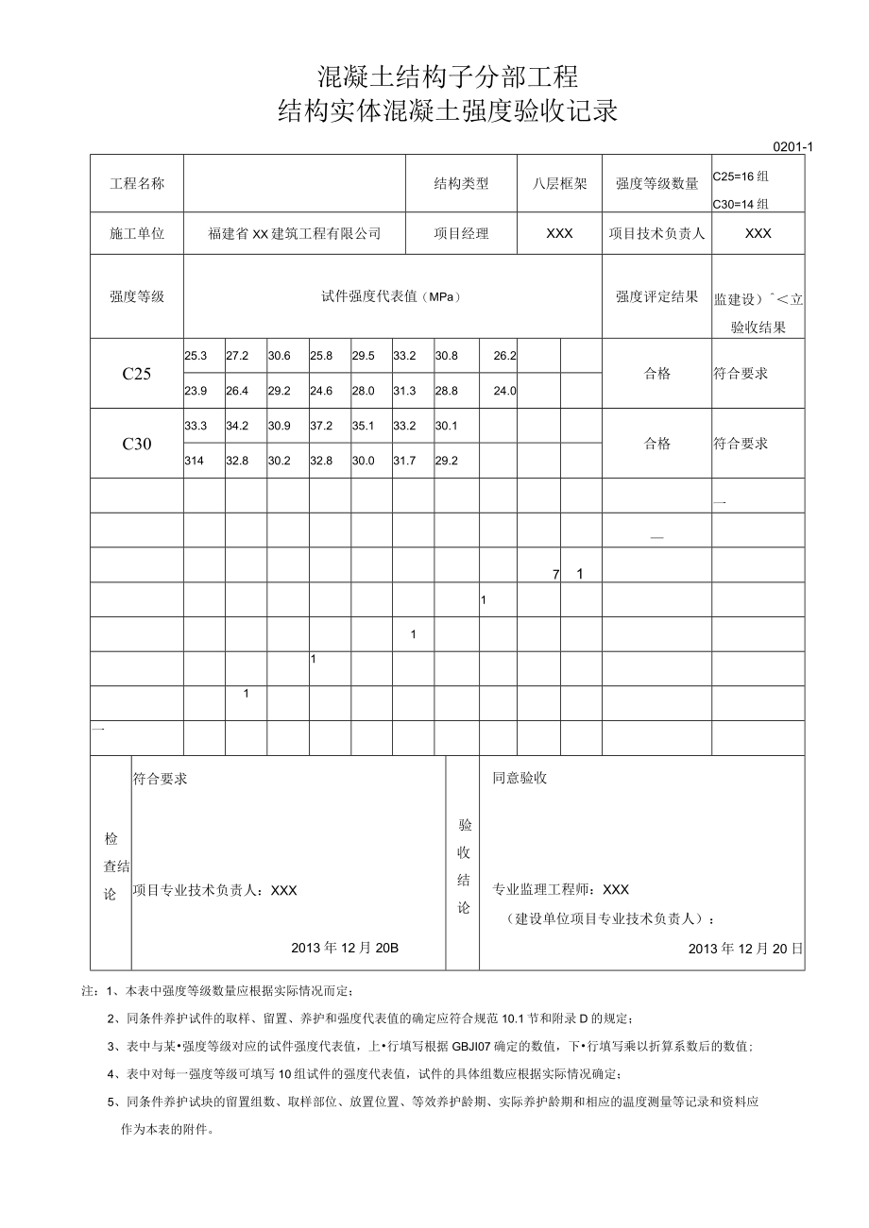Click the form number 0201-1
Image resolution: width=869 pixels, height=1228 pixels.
pos(793,146)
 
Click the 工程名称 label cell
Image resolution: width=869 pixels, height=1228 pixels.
pos(137,183)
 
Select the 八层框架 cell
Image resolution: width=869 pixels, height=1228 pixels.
pos(559,183)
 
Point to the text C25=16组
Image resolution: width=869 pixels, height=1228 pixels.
pos(741,175)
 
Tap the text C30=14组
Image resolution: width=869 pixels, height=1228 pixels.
pos(741,202)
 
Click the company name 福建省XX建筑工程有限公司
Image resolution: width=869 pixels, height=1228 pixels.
pos(295,233)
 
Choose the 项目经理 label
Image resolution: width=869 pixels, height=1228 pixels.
pos(461,233)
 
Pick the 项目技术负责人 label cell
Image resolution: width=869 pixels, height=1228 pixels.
pos(656,233)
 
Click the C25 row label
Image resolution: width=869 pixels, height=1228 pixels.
pos(137,373)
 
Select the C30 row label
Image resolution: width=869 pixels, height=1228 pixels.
pos(137,444)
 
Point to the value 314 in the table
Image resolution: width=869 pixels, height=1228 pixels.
pos(195,461)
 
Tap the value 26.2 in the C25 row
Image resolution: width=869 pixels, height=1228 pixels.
pos(504,356)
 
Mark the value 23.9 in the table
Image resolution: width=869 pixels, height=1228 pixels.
pos(196,391)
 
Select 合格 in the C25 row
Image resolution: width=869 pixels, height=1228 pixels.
pos(657,373)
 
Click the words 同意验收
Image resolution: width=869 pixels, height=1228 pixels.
pos(520,778)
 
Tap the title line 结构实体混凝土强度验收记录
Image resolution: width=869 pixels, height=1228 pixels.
pos(447,111)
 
